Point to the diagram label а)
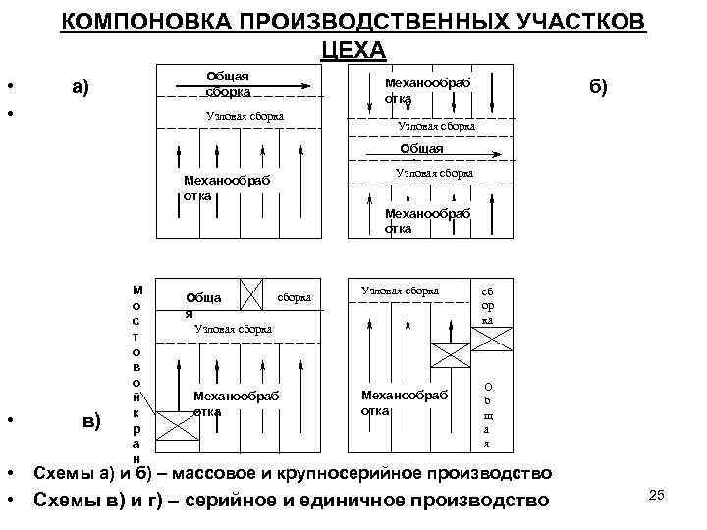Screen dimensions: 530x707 coord(81,86)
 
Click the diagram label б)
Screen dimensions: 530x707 coord(598,86)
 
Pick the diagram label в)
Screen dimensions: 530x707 coord(90,421)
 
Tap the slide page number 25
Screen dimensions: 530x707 coord(658,494)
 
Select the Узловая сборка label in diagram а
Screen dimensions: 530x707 coord(245,116)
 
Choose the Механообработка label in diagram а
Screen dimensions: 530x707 coord(226,187)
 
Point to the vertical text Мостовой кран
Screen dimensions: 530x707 coord(137,374)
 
